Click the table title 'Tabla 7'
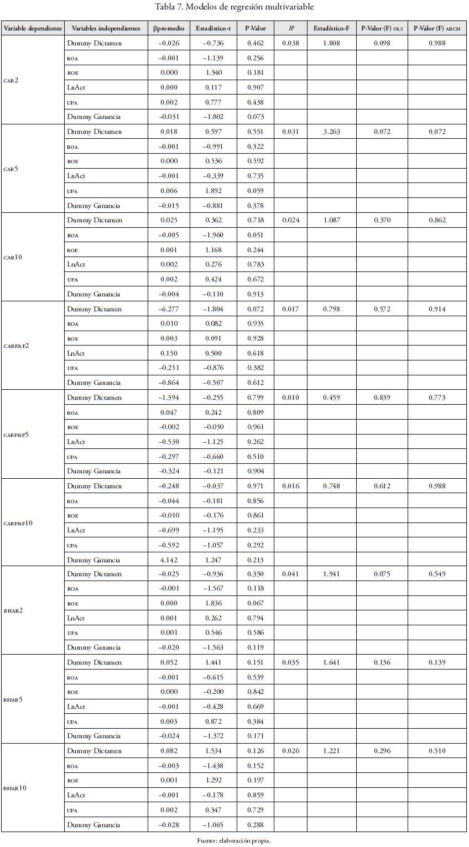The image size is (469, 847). tap(234, 7)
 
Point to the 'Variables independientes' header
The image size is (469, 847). tap(106, 28)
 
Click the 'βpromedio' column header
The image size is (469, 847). tap(169, 28)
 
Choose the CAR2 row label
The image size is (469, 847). tap(11, 80)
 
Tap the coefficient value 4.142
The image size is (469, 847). tap(169, 560)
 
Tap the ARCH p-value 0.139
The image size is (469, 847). tap(437, 662)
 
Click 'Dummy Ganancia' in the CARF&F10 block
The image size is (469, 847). tap(94, 560)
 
